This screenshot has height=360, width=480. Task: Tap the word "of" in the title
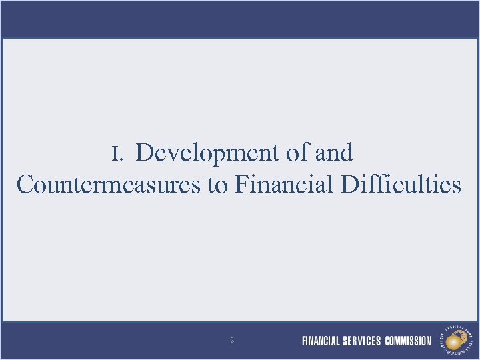pyautogui.click(x=297, y=153)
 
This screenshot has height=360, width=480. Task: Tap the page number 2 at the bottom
pyautogui.click(x=231, y=341)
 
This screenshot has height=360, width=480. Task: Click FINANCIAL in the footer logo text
pyautogui.click(x=321, y=341)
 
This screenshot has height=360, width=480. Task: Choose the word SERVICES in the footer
pyautogui.click(x=362, y=341)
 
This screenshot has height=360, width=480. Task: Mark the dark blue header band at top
pyautogui.click(x=240, y=18)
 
